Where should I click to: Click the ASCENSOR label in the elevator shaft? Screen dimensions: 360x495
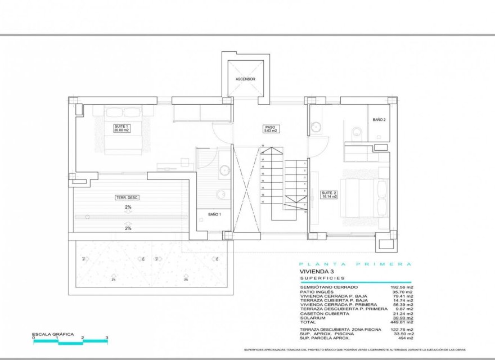(245, 79)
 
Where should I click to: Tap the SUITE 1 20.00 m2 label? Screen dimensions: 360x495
(121, 128)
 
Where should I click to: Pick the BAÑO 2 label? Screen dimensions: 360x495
(379, 120)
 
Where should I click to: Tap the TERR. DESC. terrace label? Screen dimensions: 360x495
(127, 197)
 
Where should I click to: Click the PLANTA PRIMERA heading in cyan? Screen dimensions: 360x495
(355, 264)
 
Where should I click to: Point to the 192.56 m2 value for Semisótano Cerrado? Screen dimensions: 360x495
(402, 287)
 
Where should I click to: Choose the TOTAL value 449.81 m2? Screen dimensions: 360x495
(402, 322)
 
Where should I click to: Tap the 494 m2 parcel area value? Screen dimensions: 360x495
(406, 338)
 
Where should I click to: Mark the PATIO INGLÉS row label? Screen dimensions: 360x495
(317, 292)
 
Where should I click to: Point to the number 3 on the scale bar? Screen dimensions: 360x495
(107, 338)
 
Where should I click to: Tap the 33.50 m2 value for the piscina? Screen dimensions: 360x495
(403, 334)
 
